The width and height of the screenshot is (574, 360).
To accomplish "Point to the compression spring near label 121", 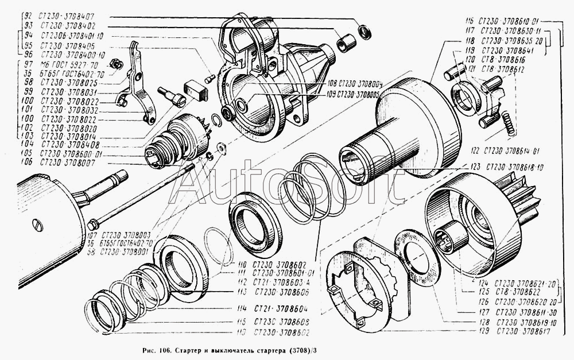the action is (x=507, y=122).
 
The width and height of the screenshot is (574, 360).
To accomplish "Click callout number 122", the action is (x=474, y=151).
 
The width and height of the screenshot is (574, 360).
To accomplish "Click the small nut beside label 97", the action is (x=115, y=64).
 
